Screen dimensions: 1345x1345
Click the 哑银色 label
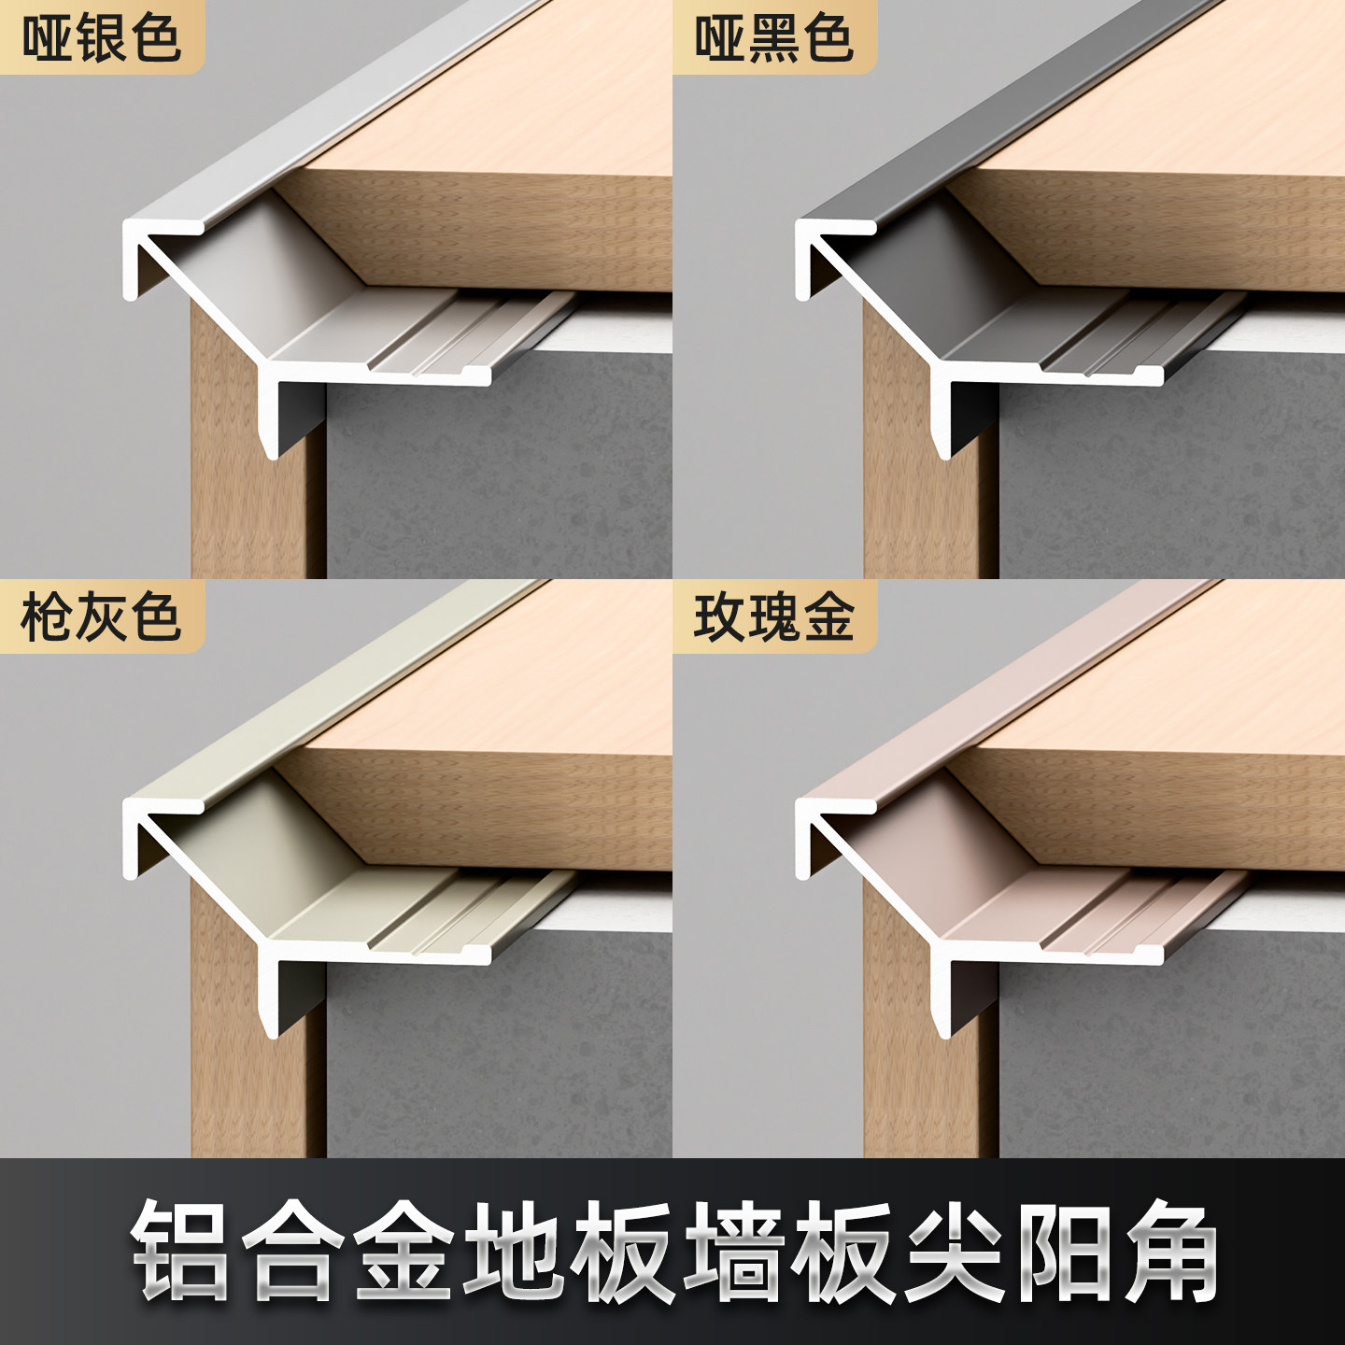pos(101,38)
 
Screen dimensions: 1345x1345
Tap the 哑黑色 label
pos(773,38)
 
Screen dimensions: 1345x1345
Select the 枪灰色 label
pos(101,617)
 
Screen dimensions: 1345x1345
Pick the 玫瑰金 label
pos(773,617)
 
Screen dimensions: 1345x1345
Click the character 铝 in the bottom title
pos(182,1252)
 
